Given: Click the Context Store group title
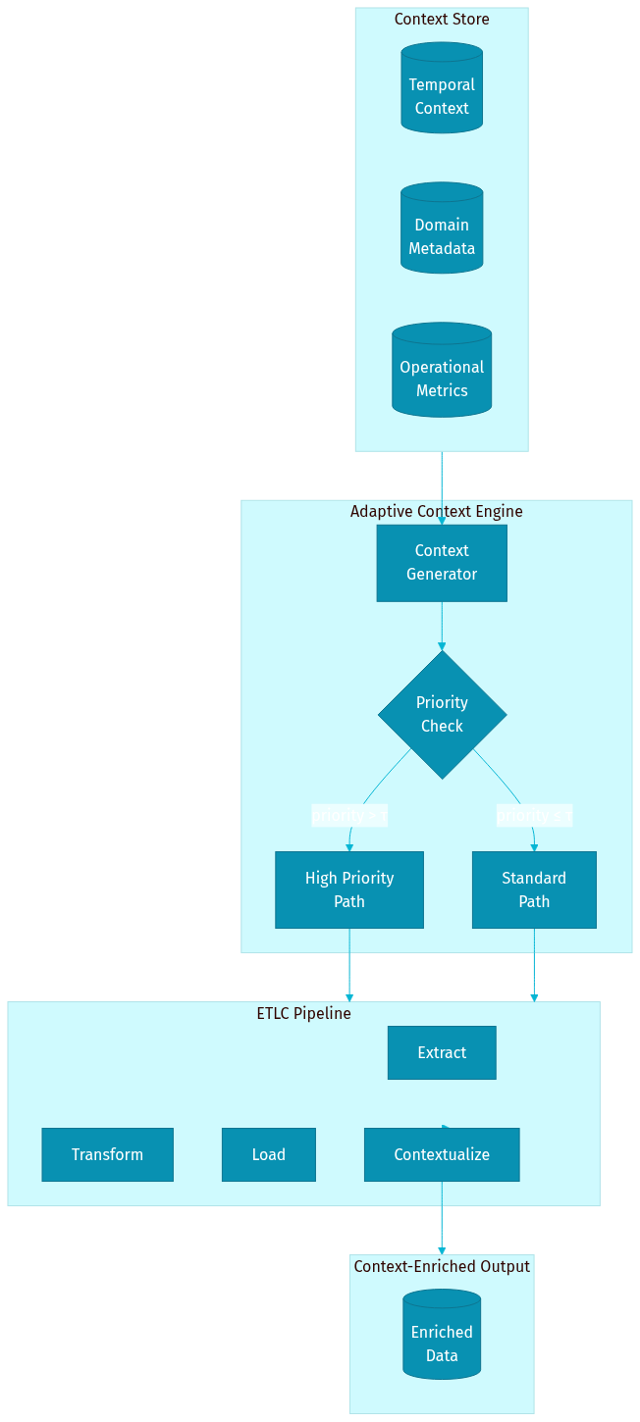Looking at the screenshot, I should [442, 20].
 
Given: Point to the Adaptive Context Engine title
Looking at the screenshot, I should [436, 512].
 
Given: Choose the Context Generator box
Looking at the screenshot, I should [442, 563].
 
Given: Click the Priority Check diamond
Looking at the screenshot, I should [442, 715].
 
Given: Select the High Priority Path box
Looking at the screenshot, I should [348, 889].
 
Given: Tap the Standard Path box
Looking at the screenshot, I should [534, 889].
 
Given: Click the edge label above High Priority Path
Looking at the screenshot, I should [349, 815].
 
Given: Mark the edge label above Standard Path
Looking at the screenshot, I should [534, 815].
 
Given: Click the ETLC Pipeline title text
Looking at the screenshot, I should [303, 1014].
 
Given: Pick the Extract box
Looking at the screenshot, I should [442, 1052].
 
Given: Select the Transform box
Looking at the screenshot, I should [107, 1154].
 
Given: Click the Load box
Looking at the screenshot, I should [268, 1154].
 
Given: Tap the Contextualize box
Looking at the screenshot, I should [442, 1154].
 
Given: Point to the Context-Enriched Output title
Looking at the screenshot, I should [442, 1267].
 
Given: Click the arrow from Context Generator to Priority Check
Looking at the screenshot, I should [442, 626].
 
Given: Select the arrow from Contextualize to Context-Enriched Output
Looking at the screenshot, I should [442, 1218].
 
